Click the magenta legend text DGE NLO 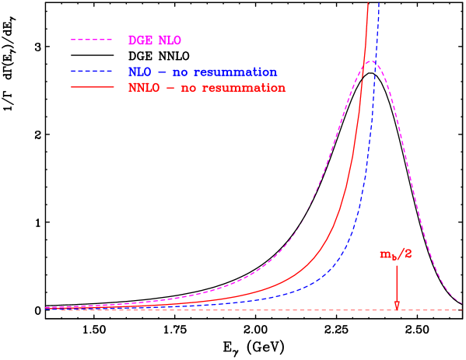[155, 40]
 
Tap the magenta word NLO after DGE [170, 40]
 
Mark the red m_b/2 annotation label [396, 254]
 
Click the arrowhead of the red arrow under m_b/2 [397, 306]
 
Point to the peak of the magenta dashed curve [372, 61]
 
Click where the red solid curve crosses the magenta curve [363, 68]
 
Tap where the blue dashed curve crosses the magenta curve [375, 61]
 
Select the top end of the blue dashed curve [379, 2]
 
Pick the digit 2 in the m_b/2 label [408, 254]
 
